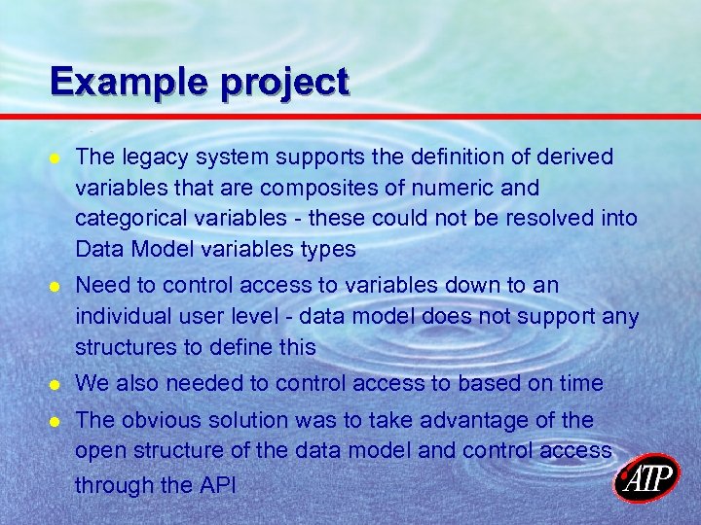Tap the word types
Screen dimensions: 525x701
(x=324, y=250)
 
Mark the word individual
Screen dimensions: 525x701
(x=120, y=316)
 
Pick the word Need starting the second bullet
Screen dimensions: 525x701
(x=99, y=286)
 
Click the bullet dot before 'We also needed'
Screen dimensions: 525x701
(x=56, y=384)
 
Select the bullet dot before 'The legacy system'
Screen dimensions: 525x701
(x=56, y=158)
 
